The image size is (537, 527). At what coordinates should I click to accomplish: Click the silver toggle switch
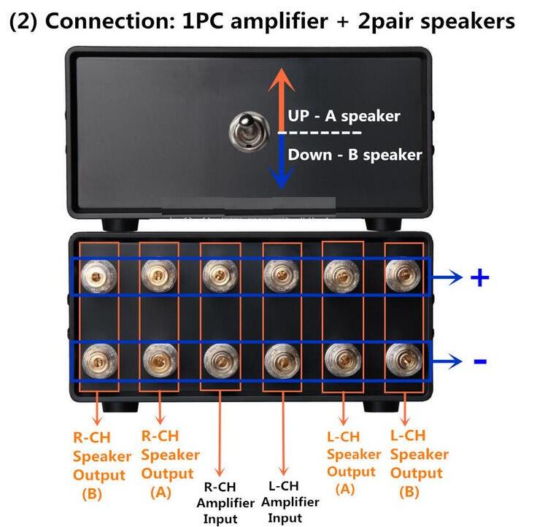pyautogui.click(x=249, y=131)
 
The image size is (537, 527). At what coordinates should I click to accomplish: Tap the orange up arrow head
pyautogui.click(x=282, y=80)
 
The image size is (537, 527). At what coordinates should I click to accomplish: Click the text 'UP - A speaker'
pyautogui.click(x=344, y=116)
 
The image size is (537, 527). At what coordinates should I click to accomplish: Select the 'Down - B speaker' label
pyautogui.click(x=355, y=155)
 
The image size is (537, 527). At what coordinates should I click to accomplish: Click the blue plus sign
pyautogui.click(x=480, y=277)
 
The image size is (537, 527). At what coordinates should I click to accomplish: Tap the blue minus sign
pyautogui.click(x=480, y=361)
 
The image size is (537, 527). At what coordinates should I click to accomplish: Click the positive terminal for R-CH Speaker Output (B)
pyautogui.click(x=98, y=276)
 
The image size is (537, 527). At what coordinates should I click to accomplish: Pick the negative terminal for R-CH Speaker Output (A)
pyautogui.click(x=160, y=361)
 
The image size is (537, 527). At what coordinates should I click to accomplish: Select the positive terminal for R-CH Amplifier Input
pyautogui.click(x=220, y=276)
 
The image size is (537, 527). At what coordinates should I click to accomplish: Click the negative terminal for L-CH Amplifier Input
pyautogui.click(x=282, y=361)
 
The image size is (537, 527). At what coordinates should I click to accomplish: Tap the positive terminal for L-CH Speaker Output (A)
pyautogui.click(x=341, y=276)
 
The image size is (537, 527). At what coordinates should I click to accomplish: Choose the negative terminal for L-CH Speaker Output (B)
pyautogui.click(x=403, y=360)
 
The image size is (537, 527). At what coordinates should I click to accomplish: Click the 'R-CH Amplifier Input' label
pyautogui.click(x=225, y=503)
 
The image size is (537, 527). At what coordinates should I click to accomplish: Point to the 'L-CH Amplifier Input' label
pyautogui.click(x=290, y=502)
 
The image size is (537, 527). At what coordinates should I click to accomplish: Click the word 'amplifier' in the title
pyautogui.click(x=279, y=21)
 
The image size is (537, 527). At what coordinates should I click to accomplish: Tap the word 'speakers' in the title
pyautogui.click(x=468, y=22)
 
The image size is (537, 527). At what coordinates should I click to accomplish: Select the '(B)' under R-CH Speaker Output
pyautogui.click(x=92, y=493)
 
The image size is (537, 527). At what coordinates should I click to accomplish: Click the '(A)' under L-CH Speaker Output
pyautogui.click(x=345, y=488)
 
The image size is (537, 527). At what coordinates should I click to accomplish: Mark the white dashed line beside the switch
pyautogui.click(x=319, y=133)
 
